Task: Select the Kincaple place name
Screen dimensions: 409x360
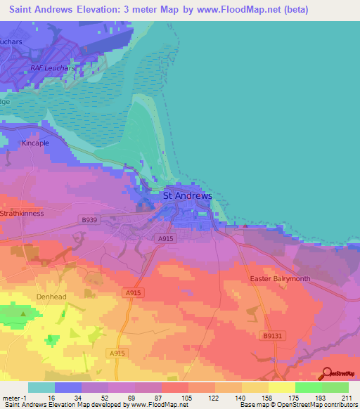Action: pos(35,143)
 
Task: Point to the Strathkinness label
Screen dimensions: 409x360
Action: pos(22,213)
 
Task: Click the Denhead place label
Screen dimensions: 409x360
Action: pos(50,297)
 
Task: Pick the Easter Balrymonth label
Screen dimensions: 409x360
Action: pos(280,279)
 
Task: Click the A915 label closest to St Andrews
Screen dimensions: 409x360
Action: pos(166,239)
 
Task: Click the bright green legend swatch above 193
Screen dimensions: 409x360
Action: pos(308,387)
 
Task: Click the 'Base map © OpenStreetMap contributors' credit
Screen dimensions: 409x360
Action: pos(297,405)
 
